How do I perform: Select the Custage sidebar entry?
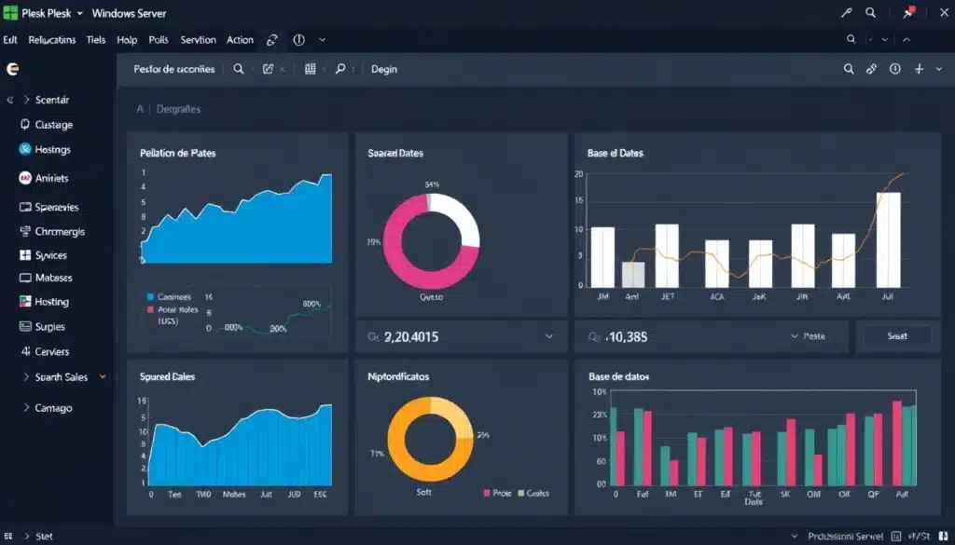(53, 125)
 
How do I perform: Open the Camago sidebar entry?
(53, 408)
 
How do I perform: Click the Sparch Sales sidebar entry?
(62, 377)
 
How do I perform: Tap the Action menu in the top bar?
(240, 40)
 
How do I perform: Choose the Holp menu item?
(127, 40)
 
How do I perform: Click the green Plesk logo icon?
(11, 14)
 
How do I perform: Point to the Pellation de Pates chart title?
(177, 153)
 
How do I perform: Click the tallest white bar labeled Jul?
(888, 239)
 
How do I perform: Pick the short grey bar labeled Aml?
(633, 274)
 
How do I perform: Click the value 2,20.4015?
(411, 336)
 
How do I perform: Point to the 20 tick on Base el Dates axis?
(579, 174)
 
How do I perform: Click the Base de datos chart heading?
(619, 377)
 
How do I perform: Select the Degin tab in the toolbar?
(384, 69)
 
